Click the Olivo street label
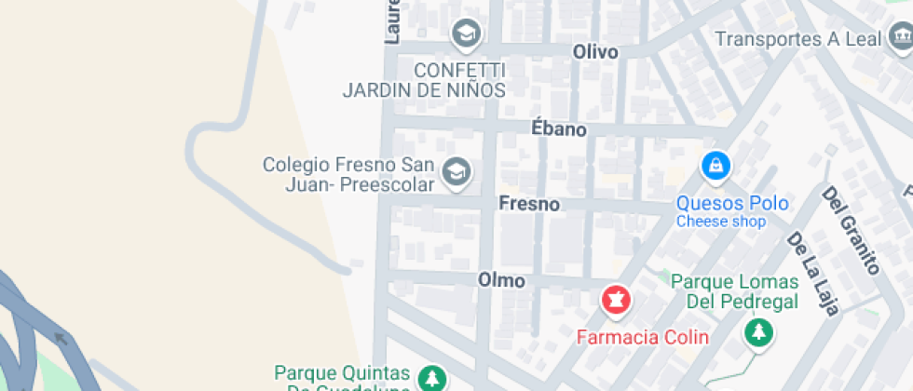pyautogui.click(x=595, y=52)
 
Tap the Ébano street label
pyautogui.click(x=559, y=128)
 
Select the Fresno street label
pyautogui.click(x=529, y=204)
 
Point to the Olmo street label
pyautogui.click(x=501, y=280)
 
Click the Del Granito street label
pyautogui.click(x=851, y=230)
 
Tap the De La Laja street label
pyautogui.click(x=813, y=272)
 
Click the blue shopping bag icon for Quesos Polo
pyautogui.click(x=715, y=167)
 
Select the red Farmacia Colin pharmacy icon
pyautogui.click(x=615, y=301)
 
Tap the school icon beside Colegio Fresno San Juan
pyautogui.click(x=456, y=171)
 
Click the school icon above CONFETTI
pyautogui.click(x=464, y=34)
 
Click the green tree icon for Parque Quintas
pyautogui.click(x=430, y=378)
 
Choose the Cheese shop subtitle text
pyautogui.click(x=721, y=222)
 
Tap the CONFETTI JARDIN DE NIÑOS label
pyautogui.click(x=424, y=81)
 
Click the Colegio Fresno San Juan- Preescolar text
pyautogui.click(x=348, y=175)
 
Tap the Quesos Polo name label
pyautogui.click(x=732, y=203)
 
